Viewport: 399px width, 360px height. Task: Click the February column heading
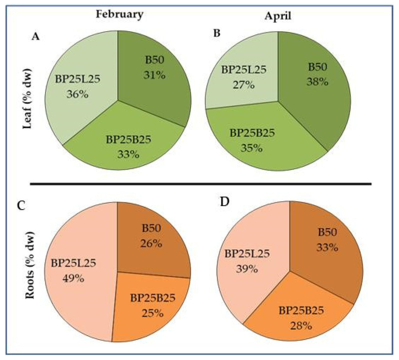[119, 14]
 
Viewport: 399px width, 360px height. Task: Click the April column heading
[278, 16]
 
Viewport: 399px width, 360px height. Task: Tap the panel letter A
[36, 37]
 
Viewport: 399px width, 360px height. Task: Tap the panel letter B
[217, 33]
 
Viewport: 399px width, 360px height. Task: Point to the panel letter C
[21, 206]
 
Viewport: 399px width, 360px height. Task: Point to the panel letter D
[224, 202]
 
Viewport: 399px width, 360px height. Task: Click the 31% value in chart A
[154, 75]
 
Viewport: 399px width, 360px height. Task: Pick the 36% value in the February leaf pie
[77, 94]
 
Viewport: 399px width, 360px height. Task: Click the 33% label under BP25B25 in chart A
[128, 154]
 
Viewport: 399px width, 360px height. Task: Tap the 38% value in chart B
[317, 82]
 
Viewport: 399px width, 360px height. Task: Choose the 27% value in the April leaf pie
[243, 85]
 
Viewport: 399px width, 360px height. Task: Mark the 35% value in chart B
[252, 148]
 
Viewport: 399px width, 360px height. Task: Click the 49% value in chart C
[73, 278]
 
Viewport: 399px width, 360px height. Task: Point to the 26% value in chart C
[151, 243]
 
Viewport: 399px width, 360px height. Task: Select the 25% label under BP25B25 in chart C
[152, 313]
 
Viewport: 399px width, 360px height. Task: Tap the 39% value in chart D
[247, 269]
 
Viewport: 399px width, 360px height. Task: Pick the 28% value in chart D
[301, 326]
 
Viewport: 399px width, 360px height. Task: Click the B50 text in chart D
[327, 232]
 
